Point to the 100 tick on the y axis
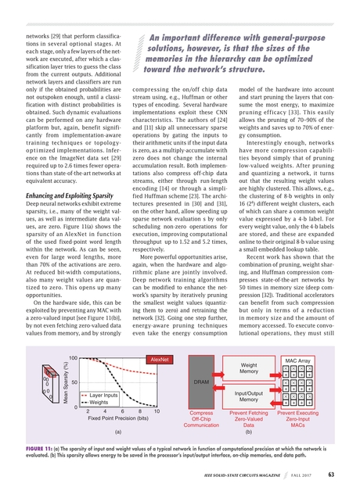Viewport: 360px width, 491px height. click(71, 359)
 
